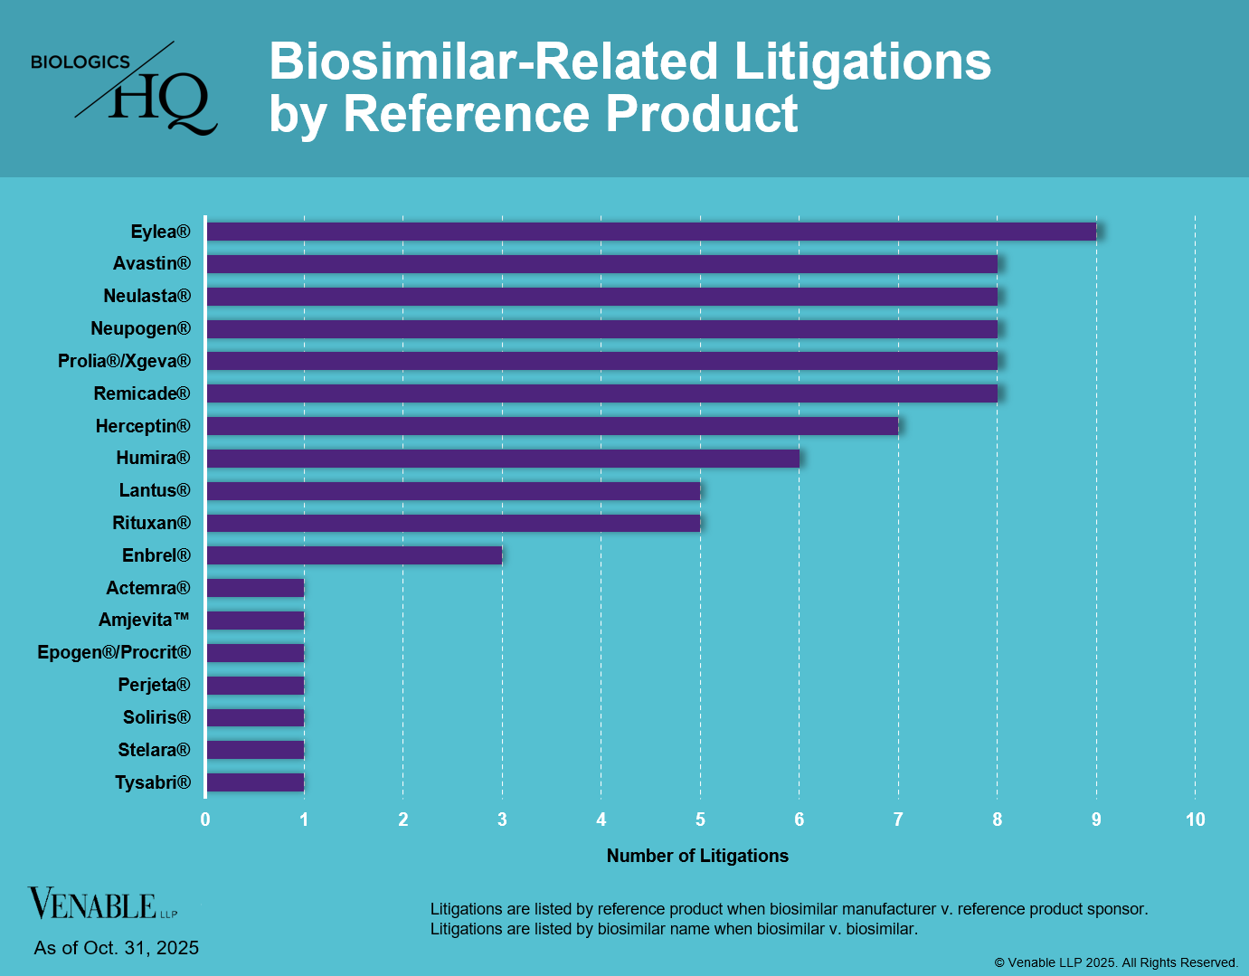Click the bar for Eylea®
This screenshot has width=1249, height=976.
[x=651, y=232]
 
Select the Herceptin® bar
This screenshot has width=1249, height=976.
[x=552, y=426]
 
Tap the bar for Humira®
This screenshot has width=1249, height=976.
[x=503, y=459]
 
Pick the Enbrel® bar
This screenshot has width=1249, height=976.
[x=354, y=555]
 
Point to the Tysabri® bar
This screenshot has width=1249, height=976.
[x=255, y=782]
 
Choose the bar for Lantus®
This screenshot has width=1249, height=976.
[x=453, y=490]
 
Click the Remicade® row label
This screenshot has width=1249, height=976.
[x=142, y=393]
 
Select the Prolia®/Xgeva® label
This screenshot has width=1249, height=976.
[x=124, y=361]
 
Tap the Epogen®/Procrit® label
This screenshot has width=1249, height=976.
[x=114, y=652]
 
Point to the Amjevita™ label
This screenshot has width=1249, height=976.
[x=144, y=620]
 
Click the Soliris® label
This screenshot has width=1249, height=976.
[x=156, y=717]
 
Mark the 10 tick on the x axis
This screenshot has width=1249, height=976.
[x=1195, y=820]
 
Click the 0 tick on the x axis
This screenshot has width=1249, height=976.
[x=205, y=820]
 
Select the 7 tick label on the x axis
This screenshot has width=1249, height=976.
[x=898, y=820]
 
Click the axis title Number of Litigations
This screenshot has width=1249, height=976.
[x=697, y=856]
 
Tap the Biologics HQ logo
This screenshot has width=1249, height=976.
[x=124, y=89]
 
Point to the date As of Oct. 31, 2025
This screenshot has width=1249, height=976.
[x=116, y=948]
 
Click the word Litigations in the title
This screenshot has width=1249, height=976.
[x=862, y=62]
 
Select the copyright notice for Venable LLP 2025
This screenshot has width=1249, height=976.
[x=1116, y=962]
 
